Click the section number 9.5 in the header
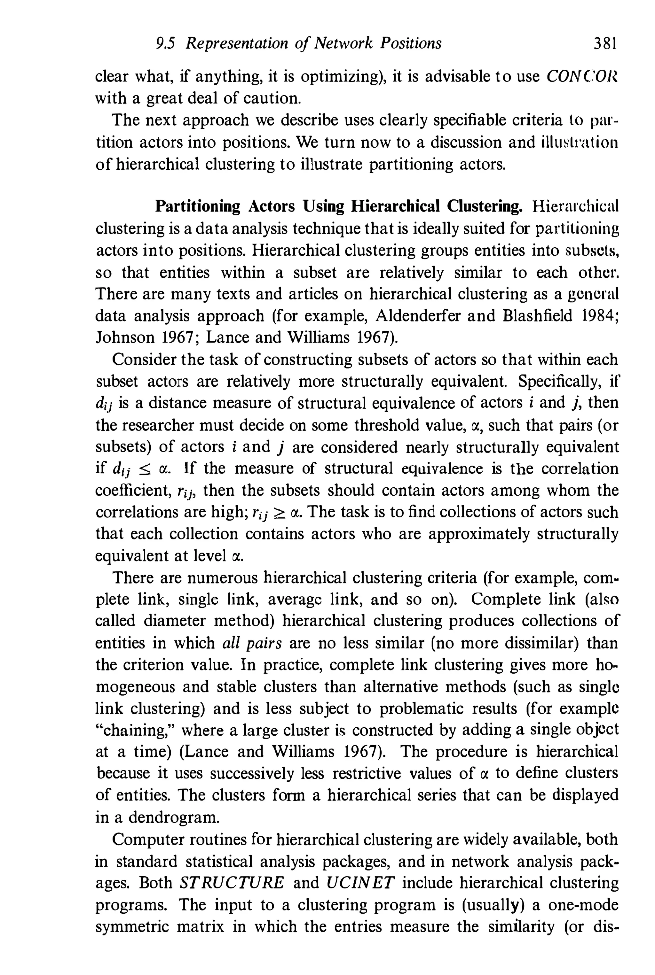pyautogui.click(x=165, y=43)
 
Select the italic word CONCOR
pyautogui.click(x=581, y=77)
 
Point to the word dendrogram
pyautogui.click(x=173, y=817)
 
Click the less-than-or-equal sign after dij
pyautogui.click(x=144, y=469)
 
